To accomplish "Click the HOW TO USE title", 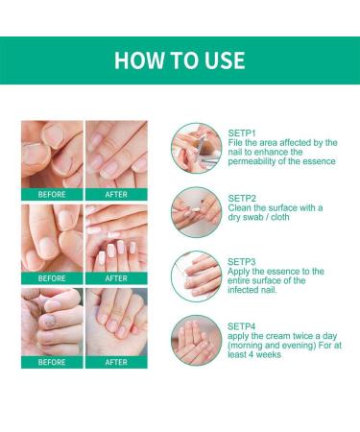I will (180, 60).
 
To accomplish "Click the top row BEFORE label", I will (52, 193).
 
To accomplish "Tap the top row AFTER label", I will (116, 193).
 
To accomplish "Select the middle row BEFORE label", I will (52, 278).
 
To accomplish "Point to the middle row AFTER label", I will (116, 278).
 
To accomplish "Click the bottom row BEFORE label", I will (52, 362).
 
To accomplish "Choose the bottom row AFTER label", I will (116, 362).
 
